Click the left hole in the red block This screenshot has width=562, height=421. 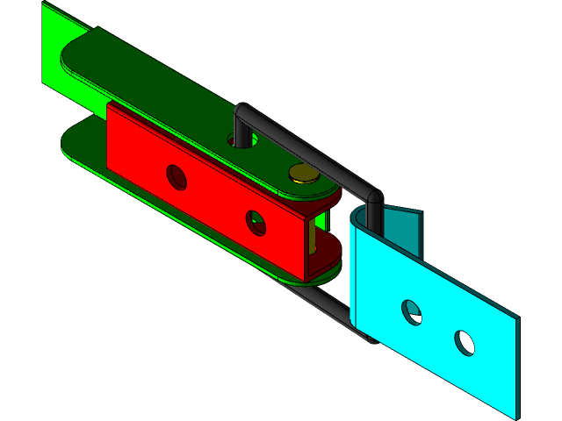(177, 177)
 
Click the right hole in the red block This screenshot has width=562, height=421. (256, 222)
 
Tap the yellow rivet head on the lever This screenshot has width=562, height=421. (305, 173)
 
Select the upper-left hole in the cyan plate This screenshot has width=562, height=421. (411, 311)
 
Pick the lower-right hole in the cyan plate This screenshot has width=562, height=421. (465, 342)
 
